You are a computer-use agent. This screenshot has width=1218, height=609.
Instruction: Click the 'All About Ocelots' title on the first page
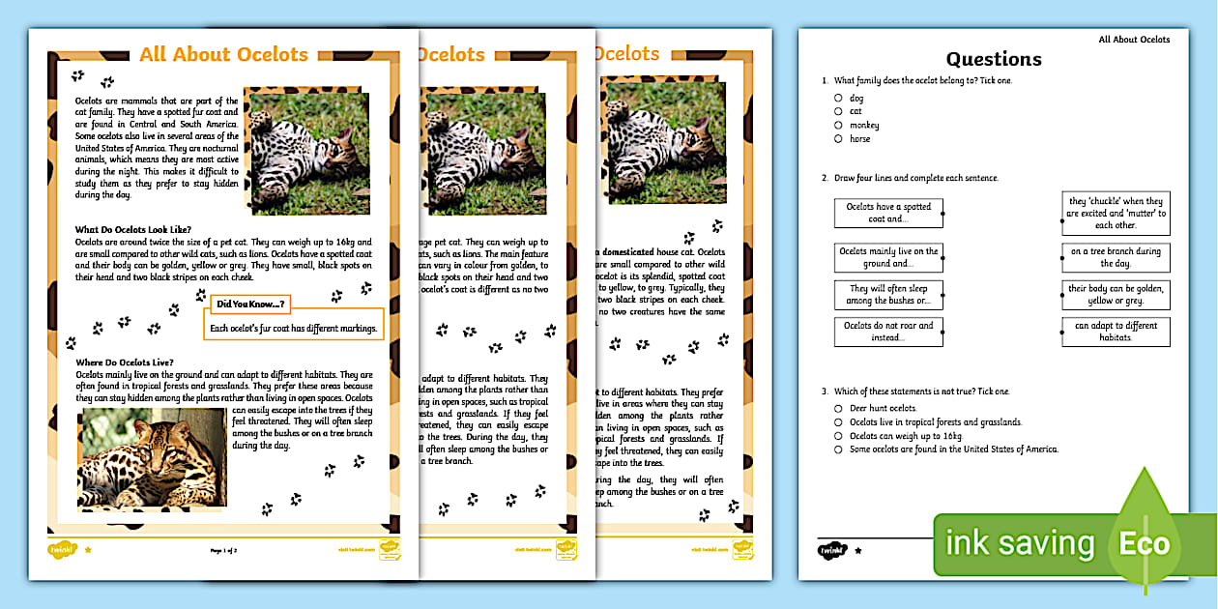223,55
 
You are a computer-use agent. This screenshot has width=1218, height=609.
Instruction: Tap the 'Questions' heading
994,59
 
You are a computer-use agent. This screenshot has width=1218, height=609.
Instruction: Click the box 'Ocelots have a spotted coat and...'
887,213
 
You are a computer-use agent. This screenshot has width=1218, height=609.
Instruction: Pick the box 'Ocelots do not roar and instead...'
887,332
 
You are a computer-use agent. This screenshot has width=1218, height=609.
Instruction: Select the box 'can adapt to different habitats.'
1116,332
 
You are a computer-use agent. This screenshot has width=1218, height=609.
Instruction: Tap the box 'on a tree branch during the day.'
1116,257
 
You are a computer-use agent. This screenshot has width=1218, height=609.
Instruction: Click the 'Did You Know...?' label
248,304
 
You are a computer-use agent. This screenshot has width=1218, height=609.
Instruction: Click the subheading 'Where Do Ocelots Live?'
124,362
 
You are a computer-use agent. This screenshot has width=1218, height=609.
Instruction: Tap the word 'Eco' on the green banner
1144,543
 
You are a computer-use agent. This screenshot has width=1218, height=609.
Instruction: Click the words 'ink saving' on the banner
1020,543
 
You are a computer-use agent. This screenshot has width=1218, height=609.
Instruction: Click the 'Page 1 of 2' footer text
223,550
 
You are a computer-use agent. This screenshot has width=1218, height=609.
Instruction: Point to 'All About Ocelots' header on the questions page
1133,40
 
